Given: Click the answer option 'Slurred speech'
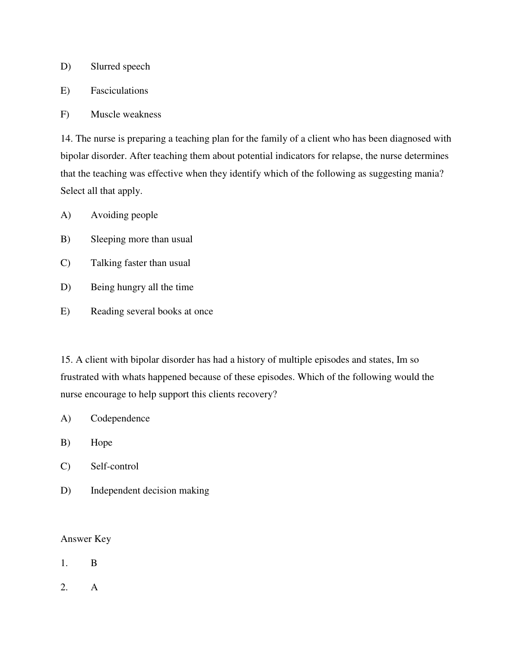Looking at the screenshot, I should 120,66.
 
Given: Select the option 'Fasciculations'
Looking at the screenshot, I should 119,91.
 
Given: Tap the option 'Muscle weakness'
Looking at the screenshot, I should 126,114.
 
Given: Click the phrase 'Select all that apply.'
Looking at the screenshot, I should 102,191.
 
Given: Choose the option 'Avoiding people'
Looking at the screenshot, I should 124,215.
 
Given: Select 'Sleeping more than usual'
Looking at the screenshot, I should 141,239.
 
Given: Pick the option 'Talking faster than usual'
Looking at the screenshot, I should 140,263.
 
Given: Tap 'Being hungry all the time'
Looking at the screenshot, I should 142,287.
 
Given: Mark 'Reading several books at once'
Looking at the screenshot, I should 152,311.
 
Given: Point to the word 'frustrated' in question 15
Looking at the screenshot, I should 79,377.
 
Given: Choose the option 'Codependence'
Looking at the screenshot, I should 120,418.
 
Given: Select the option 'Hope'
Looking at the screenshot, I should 102,443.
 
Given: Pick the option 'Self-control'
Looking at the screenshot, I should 114,466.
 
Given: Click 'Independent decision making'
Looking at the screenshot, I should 150,491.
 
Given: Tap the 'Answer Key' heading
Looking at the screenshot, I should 86,539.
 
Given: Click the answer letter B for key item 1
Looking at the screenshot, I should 94,563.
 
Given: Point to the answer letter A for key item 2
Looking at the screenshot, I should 94,587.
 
